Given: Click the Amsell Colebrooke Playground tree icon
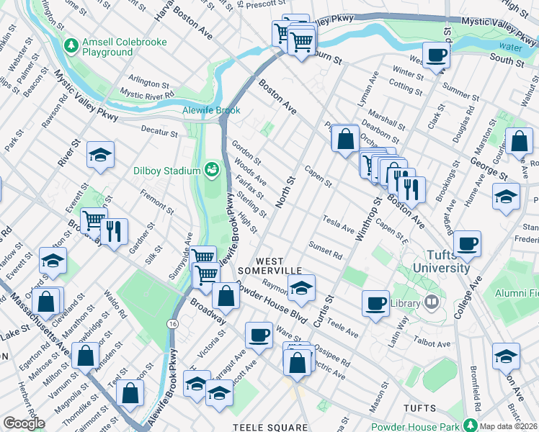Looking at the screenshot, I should click(x=71, y=47).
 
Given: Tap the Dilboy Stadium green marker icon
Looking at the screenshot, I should click(x=211, y=171).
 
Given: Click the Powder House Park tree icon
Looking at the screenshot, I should click(x=471, y=424).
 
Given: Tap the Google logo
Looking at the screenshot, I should click(x=24, y=423).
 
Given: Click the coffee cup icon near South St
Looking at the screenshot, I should click(x=436, y=54).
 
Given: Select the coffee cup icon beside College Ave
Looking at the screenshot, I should click(x=468, y=243).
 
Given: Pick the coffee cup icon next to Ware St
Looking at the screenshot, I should click(x=259, y=334).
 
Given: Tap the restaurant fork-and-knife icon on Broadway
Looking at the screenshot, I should click(x=113, y=230).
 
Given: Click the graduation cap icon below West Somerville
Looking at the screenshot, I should click(x=301, y=289).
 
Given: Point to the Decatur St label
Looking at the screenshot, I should click(x=159, y=133).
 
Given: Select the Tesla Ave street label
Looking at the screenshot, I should click(x=339, y=224).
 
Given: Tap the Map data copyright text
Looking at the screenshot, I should click(x=509, y=426).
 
